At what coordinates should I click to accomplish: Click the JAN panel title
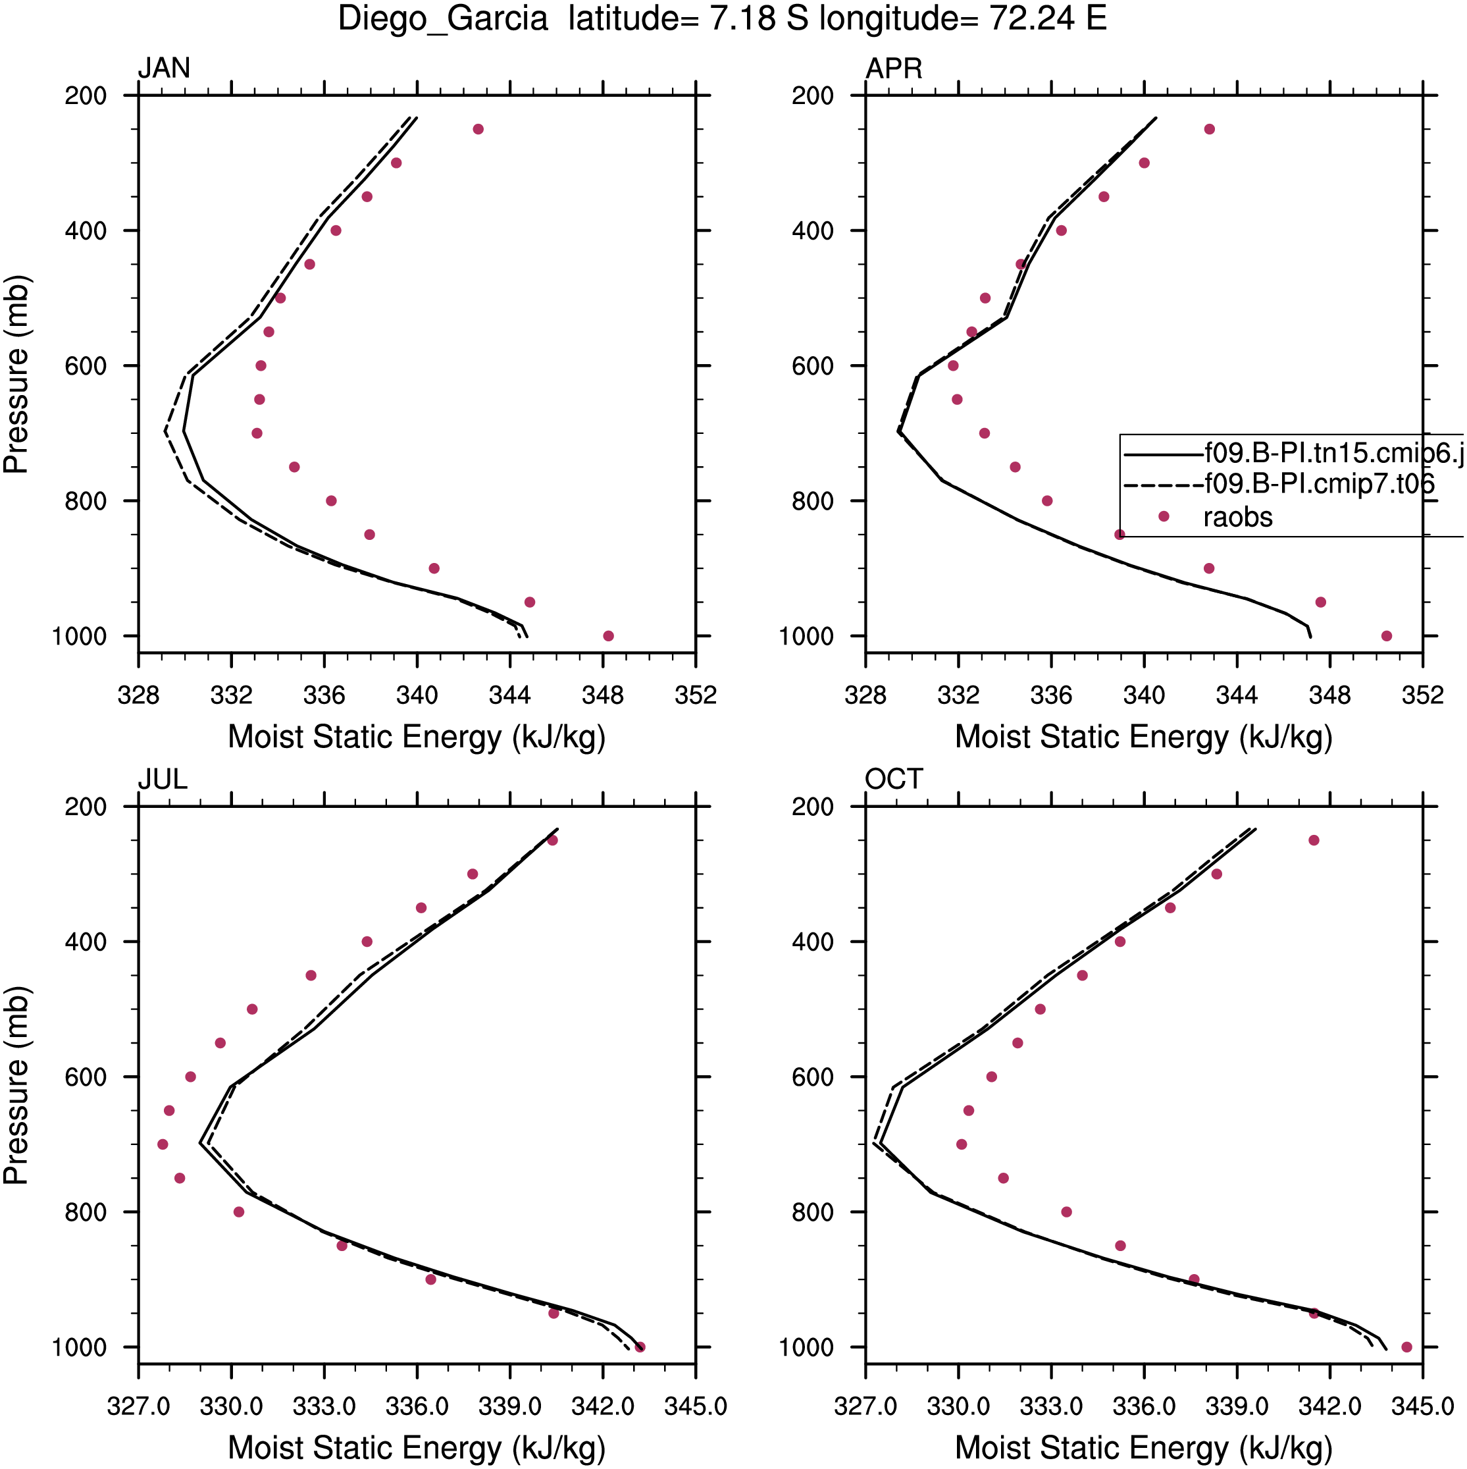[163, 68]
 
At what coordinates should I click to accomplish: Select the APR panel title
[894, 68]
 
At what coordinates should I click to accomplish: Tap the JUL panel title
[162, 780]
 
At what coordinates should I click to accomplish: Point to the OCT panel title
[894, 780]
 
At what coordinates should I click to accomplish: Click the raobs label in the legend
[1237, 517]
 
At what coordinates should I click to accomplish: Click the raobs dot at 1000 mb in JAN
[608, 635]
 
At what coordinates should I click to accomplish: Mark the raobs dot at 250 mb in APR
[1209, 129]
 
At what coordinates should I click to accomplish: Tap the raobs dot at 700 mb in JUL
[163, 1144]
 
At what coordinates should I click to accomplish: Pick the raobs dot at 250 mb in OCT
[1314, 840]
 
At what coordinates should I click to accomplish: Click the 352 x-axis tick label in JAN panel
[696, 695]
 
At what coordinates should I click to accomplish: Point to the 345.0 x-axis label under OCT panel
[1422, 1406]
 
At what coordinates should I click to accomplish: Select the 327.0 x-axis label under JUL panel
[138, 1406]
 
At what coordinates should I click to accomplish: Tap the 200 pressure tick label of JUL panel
[86, 806]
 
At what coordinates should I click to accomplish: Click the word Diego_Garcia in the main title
[443, 20]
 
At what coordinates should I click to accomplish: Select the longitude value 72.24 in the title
[1032, 18]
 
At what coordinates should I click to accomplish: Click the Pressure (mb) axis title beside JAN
[16, 375]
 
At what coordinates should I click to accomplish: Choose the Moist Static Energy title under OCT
[1144, 1448]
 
